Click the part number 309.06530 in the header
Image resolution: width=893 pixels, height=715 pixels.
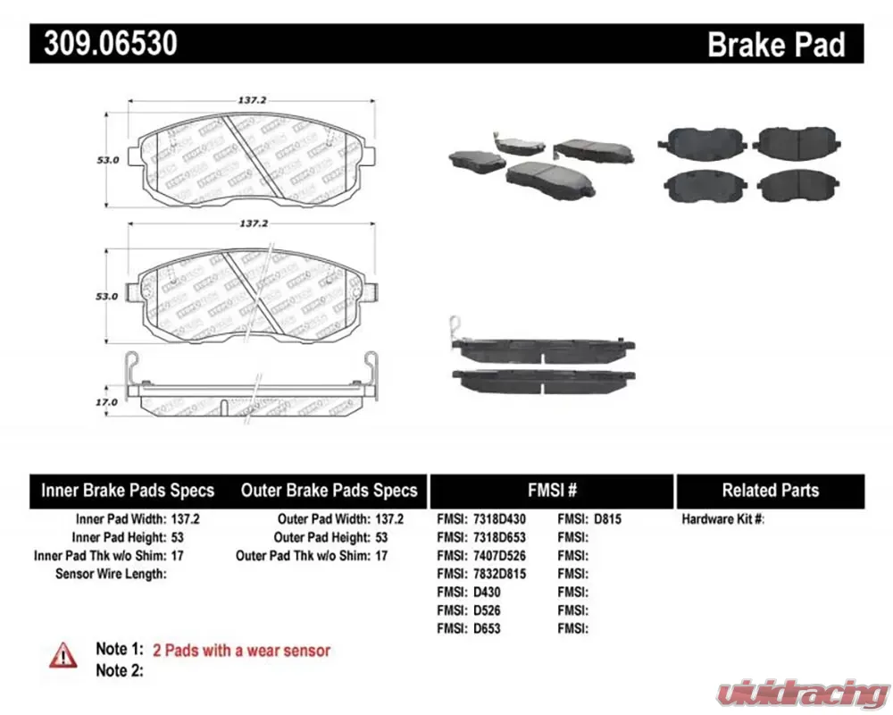click(106, 43)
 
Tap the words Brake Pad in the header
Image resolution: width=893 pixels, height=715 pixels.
click(775, 44)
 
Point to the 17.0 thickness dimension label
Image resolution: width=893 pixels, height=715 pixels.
click(107, 402)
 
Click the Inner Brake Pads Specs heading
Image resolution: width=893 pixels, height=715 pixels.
click(128, 491)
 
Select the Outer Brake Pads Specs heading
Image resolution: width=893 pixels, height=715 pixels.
click(329, 491)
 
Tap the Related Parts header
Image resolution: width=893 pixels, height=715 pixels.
click(770, 491)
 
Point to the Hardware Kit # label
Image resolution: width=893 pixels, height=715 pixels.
click(723, 518)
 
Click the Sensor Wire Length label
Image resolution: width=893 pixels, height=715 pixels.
click(111, 574)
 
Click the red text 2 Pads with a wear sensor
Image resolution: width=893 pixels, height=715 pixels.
click(241, 651)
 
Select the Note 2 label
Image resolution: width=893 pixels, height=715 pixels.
click(119, 670)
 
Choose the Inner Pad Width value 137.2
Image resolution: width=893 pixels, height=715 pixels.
click(188, 518)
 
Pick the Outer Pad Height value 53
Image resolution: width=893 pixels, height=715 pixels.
click(381, 537)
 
